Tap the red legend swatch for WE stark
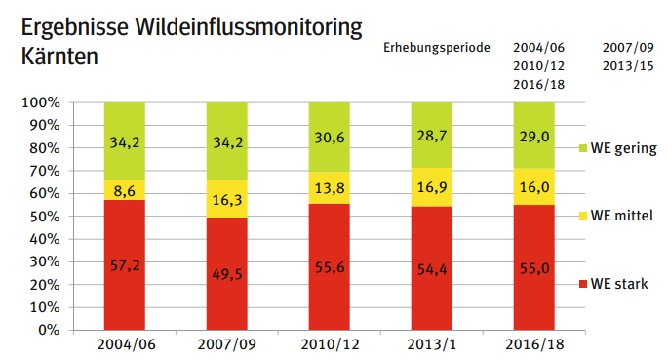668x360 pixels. click(583, 284)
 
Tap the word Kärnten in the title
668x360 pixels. click(59, 57)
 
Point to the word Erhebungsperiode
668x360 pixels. click(436, 47)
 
